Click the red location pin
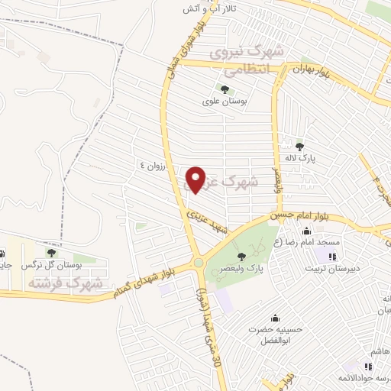pyautogui.click(x=195, y=179)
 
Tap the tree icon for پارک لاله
pyautogui.click(x=299, y=147)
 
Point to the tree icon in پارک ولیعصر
pyautogui.click(x=242, y=256)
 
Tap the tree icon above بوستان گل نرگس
pyautogui.click(x=51, y=252)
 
